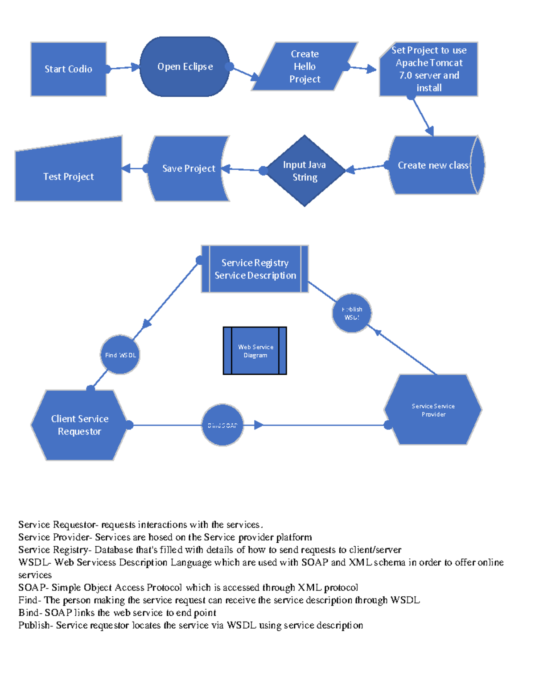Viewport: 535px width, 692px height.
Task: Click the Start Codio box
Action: (68, 69)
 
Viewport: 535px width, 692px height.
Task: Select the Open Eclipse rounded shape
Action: (185, 67)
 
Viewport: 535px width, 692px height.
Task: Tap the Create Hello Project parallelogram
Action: (305, 66)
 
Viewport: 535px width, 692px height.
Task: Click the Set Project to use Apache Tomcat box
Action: (428, 69)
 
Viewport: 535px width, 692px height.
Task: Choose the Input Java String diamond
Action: (305, 171)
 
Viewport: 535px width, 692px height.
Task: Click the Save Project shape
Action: (188, 168)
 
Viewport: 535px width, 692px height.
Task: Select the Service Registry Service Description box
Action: (255, 269)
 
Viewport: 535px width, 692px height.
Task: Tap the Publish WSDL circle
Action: (352, 313)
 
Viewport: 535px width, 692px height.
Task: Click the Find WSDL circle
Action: (120, 355)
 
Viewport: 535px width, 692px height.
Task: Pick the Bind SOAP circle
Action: (222, 426)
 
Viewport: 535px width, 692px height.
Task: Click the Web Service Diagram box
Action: (255, 351)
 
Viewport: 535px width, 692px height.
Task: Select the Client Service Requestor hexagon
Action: (79, 425)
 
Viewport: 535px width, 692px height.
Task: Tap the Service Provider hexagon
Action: (433, 410)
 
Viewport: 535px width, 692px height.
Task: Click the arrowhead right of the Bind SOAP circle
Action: (259, 425)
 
